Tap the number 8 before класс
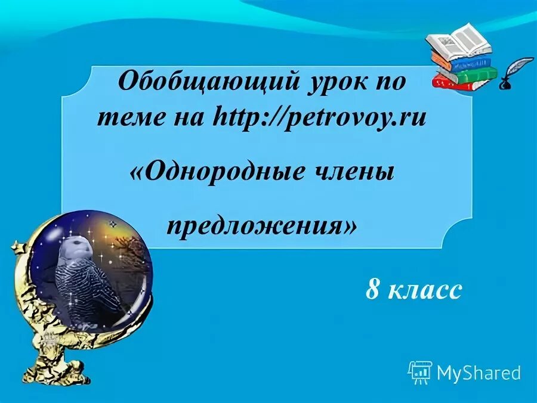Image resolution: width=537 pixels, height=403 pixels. click(x=373, y=290)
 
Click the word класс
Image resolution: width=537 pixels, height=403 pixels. click(x=425, y=290)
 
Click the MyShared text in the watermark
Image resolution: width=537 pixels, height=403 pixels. click(x=479, y=373)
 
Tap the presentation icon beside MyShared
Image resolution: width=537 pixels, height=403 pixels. click(x=420, y=373)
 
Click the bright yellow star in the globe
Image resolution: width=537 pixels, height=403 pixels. click(x=112, y=225)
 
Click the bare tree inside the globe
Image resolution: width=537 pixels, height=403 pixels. click(x=141, y=256)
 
